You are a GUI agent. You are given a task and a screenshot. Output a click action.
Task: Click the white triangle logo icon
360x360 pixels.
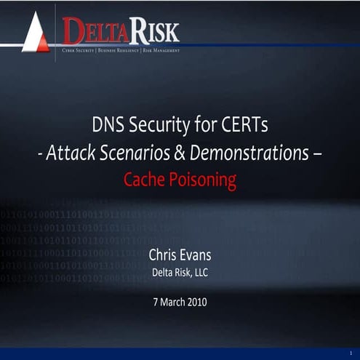[x=34, y=34]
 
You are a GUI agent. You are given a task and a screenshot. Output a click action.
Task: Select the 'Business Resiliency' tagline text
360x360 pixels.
[x=119, y=51]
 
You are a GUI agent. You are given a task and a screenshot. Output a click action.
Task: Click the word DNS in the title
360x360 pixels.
[x=107, y=125]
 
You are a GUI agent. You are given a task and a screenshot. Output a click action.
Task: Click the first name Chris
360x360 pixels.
[x=164, y=255]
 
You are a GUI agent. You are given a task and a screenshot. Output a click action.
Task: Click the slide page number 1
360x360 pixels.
[x=351, y=352]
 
